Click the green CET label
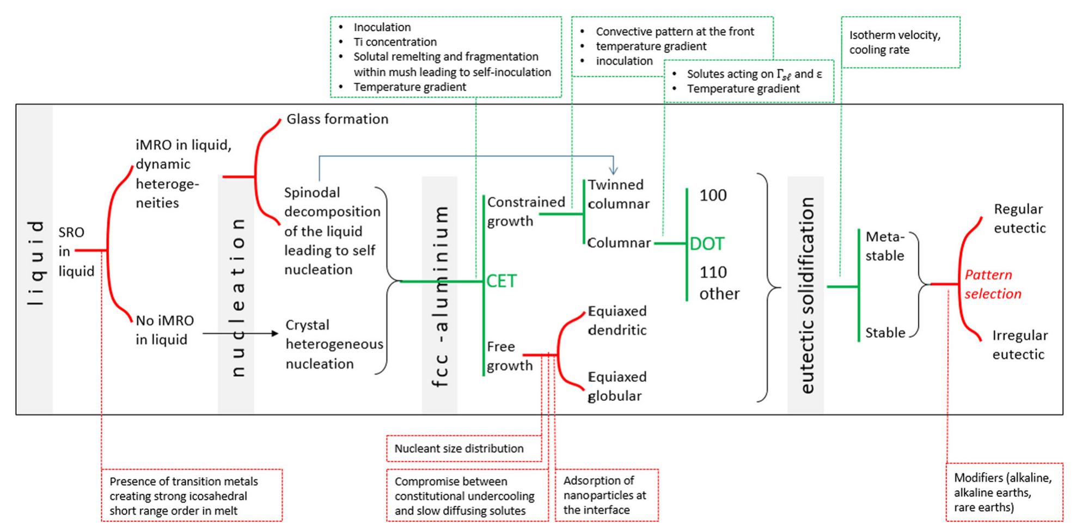pyautogui.click(x=501, y=281)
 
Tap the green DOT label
pyautogui.click(x=707, y=244)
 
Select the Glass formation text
pyautogui.click(x=337, y=119)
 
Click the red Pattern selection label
pyautogui.click(x=992, y=284)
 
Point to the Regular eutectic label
pyautogui.click(x=1019, y=218)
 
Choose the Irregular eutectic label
pyautogui.click(x=1019, y=345)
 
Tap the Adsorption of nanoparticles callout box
pyautogui.click(x=606, y=495)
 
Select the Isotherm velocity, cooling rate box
pyautogui.click(x=900, y=42)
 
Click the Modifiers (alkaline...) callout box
pyautogui.click(x=1004, y=492)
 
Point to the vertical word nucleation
pyautogui.click(x=237, y=297)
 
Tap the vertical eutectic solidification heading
pyautogui.click(x=806, y=295)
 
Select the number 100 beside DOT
pyautogui.click(x=712, y=195)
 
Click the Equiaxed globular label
pyautogui.click(x=616, y=386)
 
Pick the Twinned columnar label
pyautogui.click(x=618, y=194)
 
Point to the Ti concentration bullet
pyautogui.click(x=395, y=42)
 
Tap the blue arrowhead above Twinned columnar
pyautogui.click(x=614, y=171)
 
